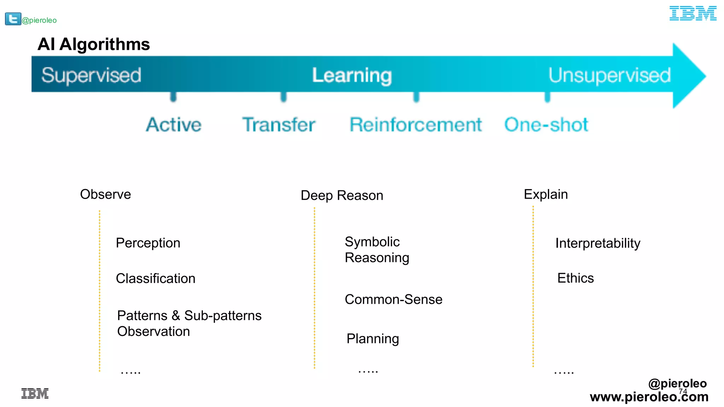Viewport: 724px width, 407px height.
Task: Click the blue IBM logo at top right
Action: click(x=693, y=13)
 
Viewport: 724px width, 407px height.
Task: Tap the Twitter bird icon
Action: click(x=13, y=19)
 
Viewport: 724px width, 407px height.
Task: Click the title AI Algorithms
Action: click(x=94, y=45)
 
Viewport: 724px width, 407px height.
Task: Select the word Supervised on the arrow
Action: click(x=91, y=75)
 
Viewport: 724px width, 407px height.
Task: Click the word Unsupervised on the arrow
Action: click(x=609, y=75)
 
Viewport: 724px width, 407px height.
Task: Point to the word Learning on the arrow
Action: click(x=352, y=76)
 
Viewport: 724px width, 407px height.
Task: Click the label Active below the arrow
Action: click(x=174, y=125)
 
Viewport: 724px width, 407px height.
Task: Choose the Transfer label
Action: click(x=279, y=125)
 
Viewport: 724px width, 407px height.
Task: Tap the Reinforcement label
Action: click(x=415, y=125)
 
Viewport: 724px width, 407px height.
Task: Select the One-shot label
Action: click(x=546, y=125)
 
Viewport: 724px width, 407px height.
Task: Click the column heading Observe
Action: click(x=105, y=194)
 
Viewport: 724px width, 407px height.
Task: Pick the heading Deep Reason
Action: click(x=342, y=195)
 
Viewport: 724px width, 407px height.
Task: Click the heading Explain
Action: click(x=545, y=194)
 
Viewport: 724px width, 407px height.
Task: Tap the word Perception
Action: click(x=148, y=243)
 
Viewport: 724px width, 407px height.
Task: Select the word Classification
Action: click(x=156, y=278)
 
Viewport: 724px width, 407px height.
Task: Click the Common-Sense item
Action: click(x=393, y=299)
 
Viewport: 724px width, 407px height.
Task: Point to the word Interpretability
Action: click(x=597, y=243)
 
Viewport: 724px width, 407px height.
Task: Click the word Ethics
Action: click(x=575, y=278)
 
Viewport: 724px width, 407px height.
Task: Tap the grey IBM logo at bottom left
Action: click(x=35, y=393)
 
